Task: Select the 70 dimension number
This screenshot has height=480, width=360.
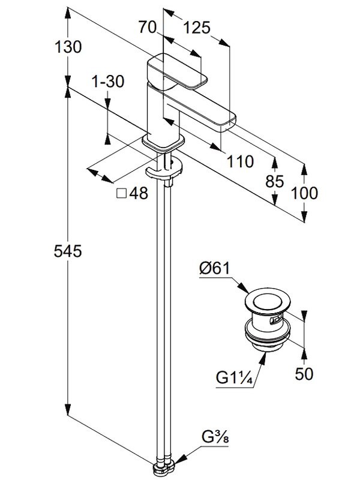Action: pyautogui.click(x=148, y=27)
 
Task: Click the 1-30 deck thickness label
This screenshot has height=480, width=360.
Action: pyautogui.click(x=108, y=82)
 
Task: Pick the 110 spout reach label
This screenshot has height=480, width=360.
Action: pyautogui.click(x=240, y=161)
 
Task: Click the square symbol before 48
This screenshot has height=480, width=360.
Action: pyautogui.click(x=121, y=193)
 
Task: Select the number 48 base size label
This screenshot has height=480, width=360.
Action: pyautogui.click(x=138, y=194)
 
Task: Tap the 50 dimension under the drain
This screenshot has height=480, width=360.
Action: pyautogui.click(x=305, y=374)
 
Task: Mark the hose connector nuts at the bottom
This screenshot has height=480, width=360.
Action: pyautogui.click(x=167, y=469)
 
